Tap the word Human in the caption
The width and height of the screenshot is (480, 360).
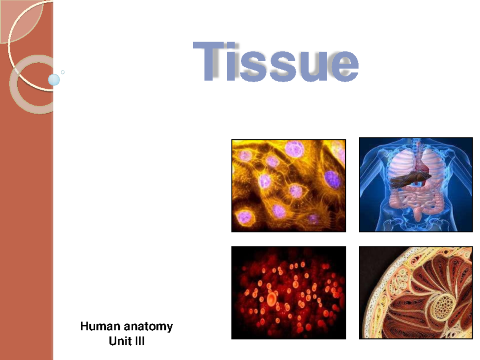[100, 326]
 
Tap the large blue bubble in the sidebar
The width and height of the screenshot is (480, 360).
[54, 80]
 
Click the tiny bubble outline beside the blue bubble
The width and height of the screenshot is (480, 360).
[62, 72]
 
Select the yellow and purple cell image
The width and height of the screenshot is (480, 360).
[288, 186]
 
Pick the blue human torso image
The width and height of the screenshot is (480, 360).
[416, 185]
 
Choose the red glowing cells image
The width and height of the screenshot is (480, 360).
[288, 292]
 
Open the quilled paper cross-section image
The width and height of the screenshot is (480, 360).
[416, 292]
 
